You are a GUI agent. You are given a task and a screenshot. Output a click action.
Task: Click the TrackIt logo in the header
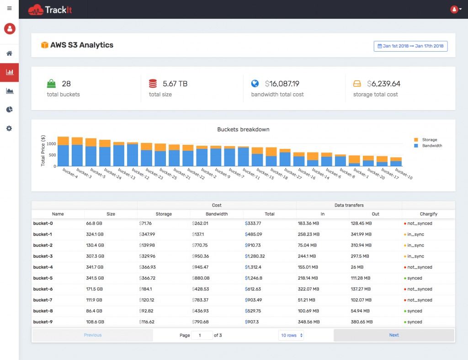pyautogui.click(x=50, y=9)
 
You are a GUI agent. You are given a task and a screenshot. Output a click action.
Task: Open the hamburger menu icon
pyautogui.click(x=9, y=8)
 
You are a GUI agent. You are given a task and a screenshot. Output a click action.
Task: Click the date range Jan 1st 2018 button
pyautogui.click(x=410, y=46)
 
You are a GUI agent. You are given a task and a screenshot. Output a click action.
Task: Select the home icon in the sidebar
pyautogui.click(x=9, y=53)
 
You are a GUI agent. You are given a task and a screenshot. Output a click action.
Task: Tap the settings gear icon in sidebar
pyautogui.click(x=9, y=128)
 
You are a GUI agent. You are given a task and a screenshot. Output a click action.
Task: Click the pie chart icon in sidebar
pyautogui.click(x=9, y=110)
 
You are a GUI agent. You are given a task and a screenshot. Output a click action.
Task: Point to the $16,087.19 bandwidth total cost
pyautogui.click(x=282, y=84)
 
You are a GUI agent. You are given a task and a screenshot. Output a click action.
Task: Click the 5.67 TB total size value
pyautogui.click(x=175, y=84)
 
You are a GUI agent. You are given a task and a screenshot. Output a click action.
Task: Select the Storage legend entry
pyautogui.click(x=429, y=140)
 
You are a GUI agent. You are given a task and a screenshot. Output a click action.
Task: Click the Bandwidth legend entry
pyautogui.click(x=431, y=146)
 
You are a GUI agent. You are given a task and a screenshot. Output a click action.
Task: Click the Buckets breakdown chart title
pyautogui.click(x=243, y=129)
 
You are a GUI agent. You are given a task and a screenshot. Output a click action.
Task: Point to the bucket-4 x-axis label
pyautogui.click(x=70, y=174)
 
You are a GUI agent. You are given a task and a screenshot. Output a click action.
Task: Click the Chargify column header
pyautogui.click(x=428, y=214)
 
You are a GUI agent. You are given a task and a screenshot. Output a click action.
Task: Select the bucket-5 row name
pyautogui.click(x=43, y=278)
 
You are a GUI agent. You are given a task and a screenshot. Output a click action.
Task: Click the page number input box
pyautogui.click(x=202, y=335)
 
